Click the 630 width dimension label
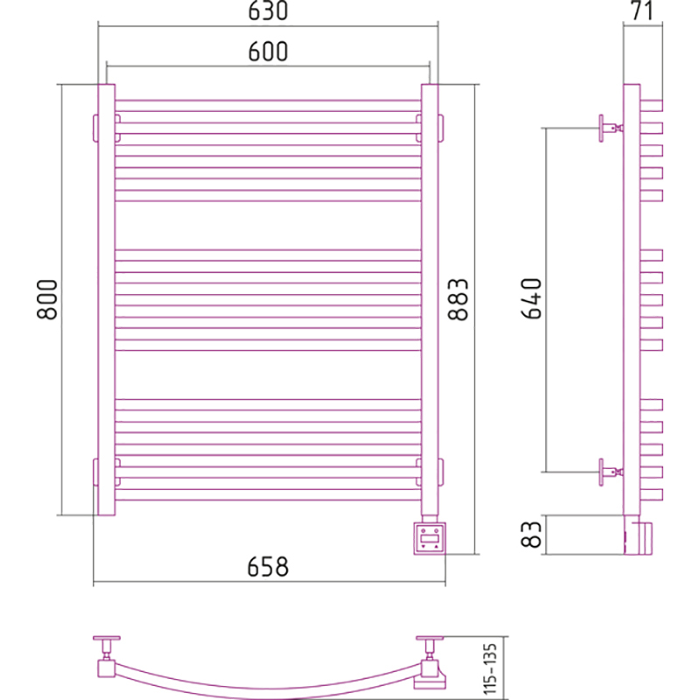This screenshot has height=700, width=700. coord(268,10)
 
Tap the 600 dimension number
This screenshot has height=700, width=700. coord(268,52)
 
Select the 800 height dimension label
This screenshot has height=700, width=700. coord(47,299)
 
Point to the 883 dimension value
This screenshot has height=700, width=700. coord(458,299)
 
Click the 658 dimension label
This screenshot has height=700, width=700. coord(268,567)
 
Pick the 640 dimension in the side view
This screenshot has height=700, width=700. coord(531,298)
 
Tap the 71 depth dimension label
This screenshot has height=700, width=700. coord(642,10)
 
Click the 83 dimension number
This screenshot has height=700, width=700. coord(531,535)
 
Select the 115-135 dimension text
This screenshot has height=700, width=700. coord(490,668)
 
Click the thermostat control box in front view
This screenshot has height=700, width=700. coord(430,538)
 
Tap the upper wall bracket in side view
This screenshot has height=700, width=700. coord(611,128)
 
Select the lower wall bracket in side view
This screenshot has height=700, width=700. coord(611,472)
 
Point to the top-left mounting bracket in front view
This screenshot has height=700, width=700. coord(106,128)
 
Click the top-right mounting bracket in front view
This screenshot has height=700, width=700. coord(430,128)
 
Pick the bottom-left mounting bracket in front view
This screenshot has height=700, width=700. coord(106,472)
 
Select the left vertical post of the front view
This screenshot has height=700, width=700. coord(107,299)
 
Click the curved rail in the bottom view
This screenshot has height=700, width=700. coord(268,692)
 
